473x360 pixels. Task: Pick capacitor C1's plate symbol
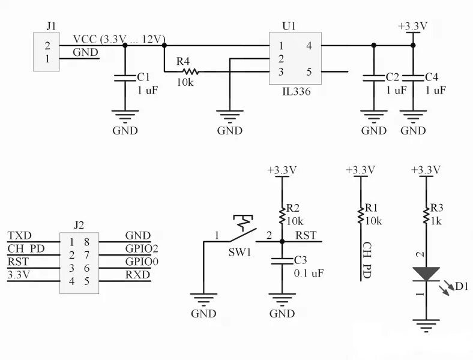pyautogui.click(x=125, y=77)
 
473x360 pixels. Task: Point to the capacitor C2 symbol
pyautogui.click(x=373, y=77)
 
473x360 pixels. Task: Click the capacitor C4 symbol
pyautogui.click(x=413, y=77)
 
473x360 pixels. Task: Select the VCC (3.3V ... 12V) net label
pyautogui.click(x=119, y=39)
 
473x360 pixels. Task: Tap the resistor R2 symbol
pyautogui.click(x=281, y=214)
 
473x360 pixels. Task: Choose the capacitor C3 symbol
pyautogui.click(x=281, y=261)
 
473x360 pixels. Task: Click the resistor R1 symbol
pyautogui.click(x=360, y=214)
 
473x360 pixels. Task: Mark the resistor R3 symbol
pyautogui.click(x=426, y=214)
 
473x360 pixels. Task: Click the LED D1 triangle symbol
pyautogui.click(x=426, y=274)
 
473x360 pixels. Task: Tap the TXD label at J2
pyautogui.click(x=20, y=236)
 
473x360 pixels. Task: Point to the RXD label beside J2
pyautogui.click(x=137, y=275)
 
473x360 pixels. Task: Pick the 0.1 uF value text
pyautogui.click(x=309, y=273)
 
